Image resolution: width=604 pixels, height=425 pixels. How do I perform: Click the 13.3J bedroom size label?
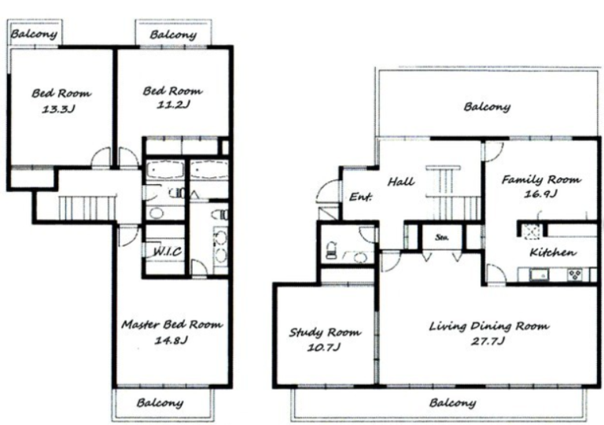point(58,109)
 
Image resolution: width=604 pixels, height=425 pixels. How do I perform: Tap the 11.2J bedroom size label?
point(173,105)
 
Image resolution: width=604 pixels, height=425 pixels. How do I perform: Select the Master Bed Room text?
point(172,324)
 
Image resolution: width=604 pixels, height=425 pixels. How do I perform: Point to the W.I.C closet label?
point(168,252)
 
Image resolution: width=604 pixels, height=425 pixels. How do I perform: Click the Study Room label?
point(325,332)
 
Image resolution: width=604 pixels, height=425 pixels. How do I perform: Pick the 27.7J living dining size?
point(488,342)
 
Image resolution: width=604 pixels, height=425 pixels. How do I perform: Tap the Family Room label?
point(541,179)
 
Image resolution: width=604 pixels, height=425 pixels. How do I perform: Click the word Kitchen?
point(553,253)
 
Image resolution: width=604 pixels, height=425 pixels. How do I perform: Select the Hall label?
point(401,181)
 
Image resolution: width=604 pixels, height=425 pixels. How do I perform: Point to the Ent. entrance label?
point(360,197)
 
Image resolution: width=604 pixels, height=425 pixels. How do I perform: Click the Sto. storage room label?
point(441,237)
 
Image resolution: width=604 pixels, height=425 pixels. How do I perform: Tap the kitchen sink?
point(539,275)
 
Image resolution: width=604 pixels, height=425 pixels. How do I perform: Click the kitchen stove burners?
point(575,275)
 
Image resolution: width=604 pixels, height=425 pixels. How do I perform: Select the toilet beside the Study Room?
point(332,250)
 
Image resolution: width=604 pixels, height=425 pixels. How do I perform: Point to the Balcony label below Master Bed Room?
point(160,404)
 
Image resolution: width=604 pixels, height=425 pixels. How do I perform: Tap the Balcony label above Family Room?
point(487,106)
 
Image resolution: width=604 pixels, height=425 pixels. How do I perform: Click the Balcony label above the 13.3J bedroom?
point(34,34)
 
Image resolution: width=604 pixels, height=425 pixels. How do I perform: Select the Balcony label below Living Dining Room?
point(453,404)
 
